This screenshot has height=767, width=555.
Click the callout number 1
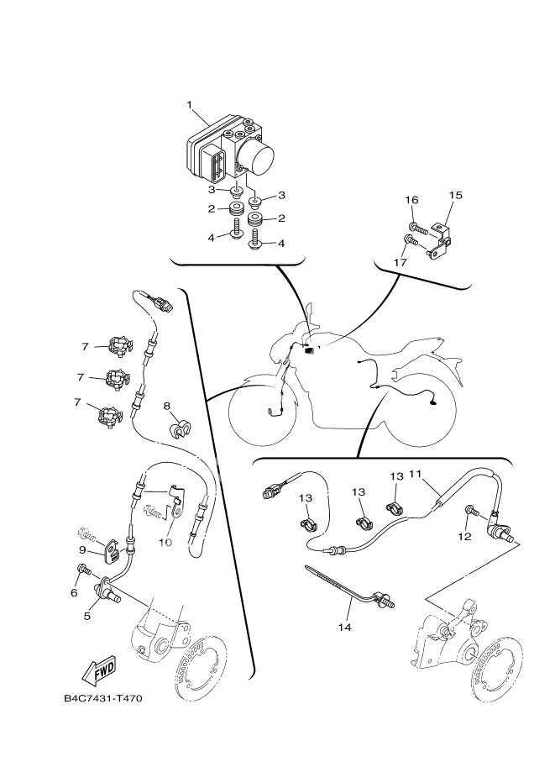tap(190, 106)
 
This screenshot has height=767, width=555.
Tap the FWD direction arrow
tap(99, 670)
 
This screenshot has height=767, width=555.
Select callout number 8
tap(167, 407)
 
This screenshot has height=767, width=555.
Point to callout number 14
tap(345, 627)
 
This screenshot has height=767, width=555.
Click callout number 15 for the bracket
tap(455, 196)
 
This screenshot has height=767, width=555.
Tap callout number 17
tap(401, 262)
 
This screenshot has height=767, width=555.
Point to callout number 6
tap(74, 592)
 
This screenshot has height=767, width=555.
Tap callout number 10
tap(165, 541)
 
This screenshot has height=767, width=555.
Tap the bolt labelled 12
tap(471, 510)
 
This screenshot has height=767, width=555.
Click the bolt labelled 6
tap(82, 571)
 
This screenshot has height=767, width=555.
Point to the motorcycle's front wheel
tap(262, 411)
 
